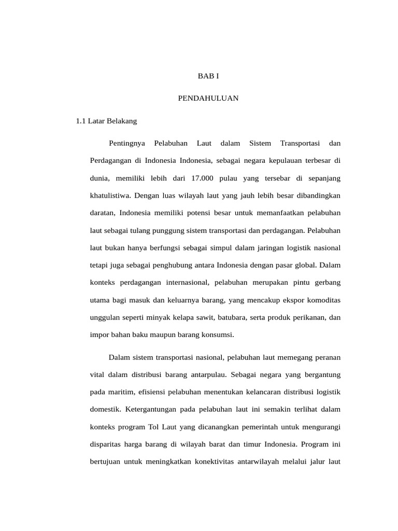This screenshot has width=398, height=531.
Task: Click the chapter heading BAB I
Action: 209,76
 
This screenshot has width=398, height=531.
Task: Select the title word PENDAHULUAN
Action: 208,99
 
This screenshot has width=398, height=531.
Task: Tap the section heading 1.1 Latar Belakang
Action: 106,121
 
